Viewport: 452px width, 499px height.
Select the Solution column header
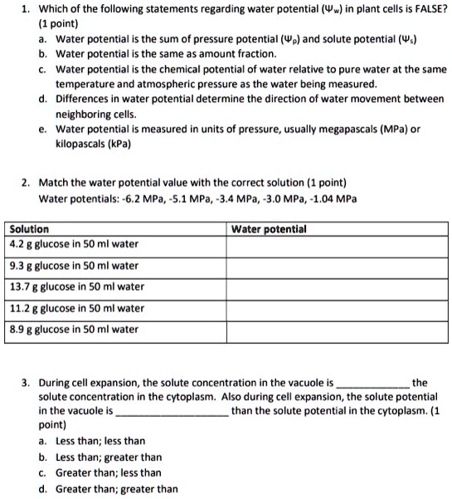tap(29, 228)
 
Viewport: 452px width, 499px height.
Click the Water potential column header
tap(270, 228)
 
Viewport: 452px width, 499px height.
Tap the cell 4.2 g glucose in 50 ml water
tap(74, 244)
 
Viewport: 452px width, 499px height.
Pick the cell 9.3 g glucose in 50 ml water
tap(74, 266)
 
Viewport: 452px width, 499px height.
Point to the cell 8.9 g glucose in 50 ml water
tap(74, 329)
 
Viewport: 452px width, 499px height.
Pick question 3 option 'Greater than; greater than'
tap(117, 488)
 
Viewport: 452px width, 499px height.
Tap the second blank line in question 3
tap(173, 411)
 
